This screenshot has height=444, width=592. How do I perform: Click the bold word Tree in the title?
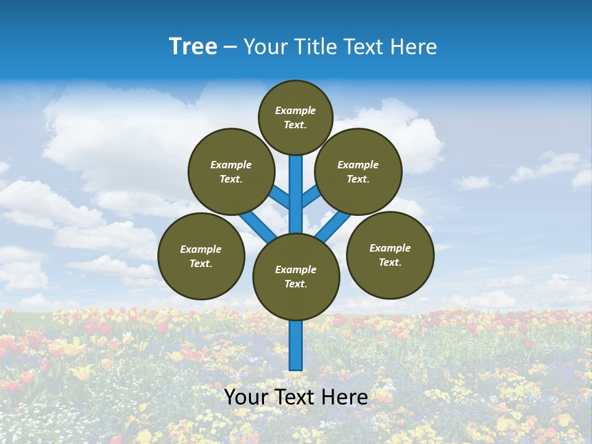(193, 46)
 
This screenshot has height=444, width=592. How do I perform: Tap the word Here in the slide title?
(413, 47)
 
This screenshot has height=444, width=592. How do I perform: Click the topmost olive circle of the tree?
(295, 117)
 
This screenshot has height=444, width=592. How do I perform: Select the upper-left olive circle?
(231, 171)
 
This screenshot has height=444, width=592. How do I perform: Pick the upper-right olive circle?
(358, 171)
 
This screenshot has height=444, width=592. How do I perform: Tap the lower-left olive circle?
(201, 256)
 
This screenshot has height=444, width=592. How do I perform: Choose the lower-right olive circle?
(390, 255)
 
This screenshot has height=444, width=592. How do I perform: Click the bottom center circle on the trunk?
(296, 277)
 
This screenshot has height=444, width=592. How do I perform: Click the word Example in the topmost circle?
(295, 110)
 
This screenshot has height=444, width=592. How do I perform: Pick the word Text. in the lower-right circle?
(390, 262)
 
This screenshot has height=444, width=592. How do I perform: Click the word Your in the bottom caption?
(245, 397)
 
